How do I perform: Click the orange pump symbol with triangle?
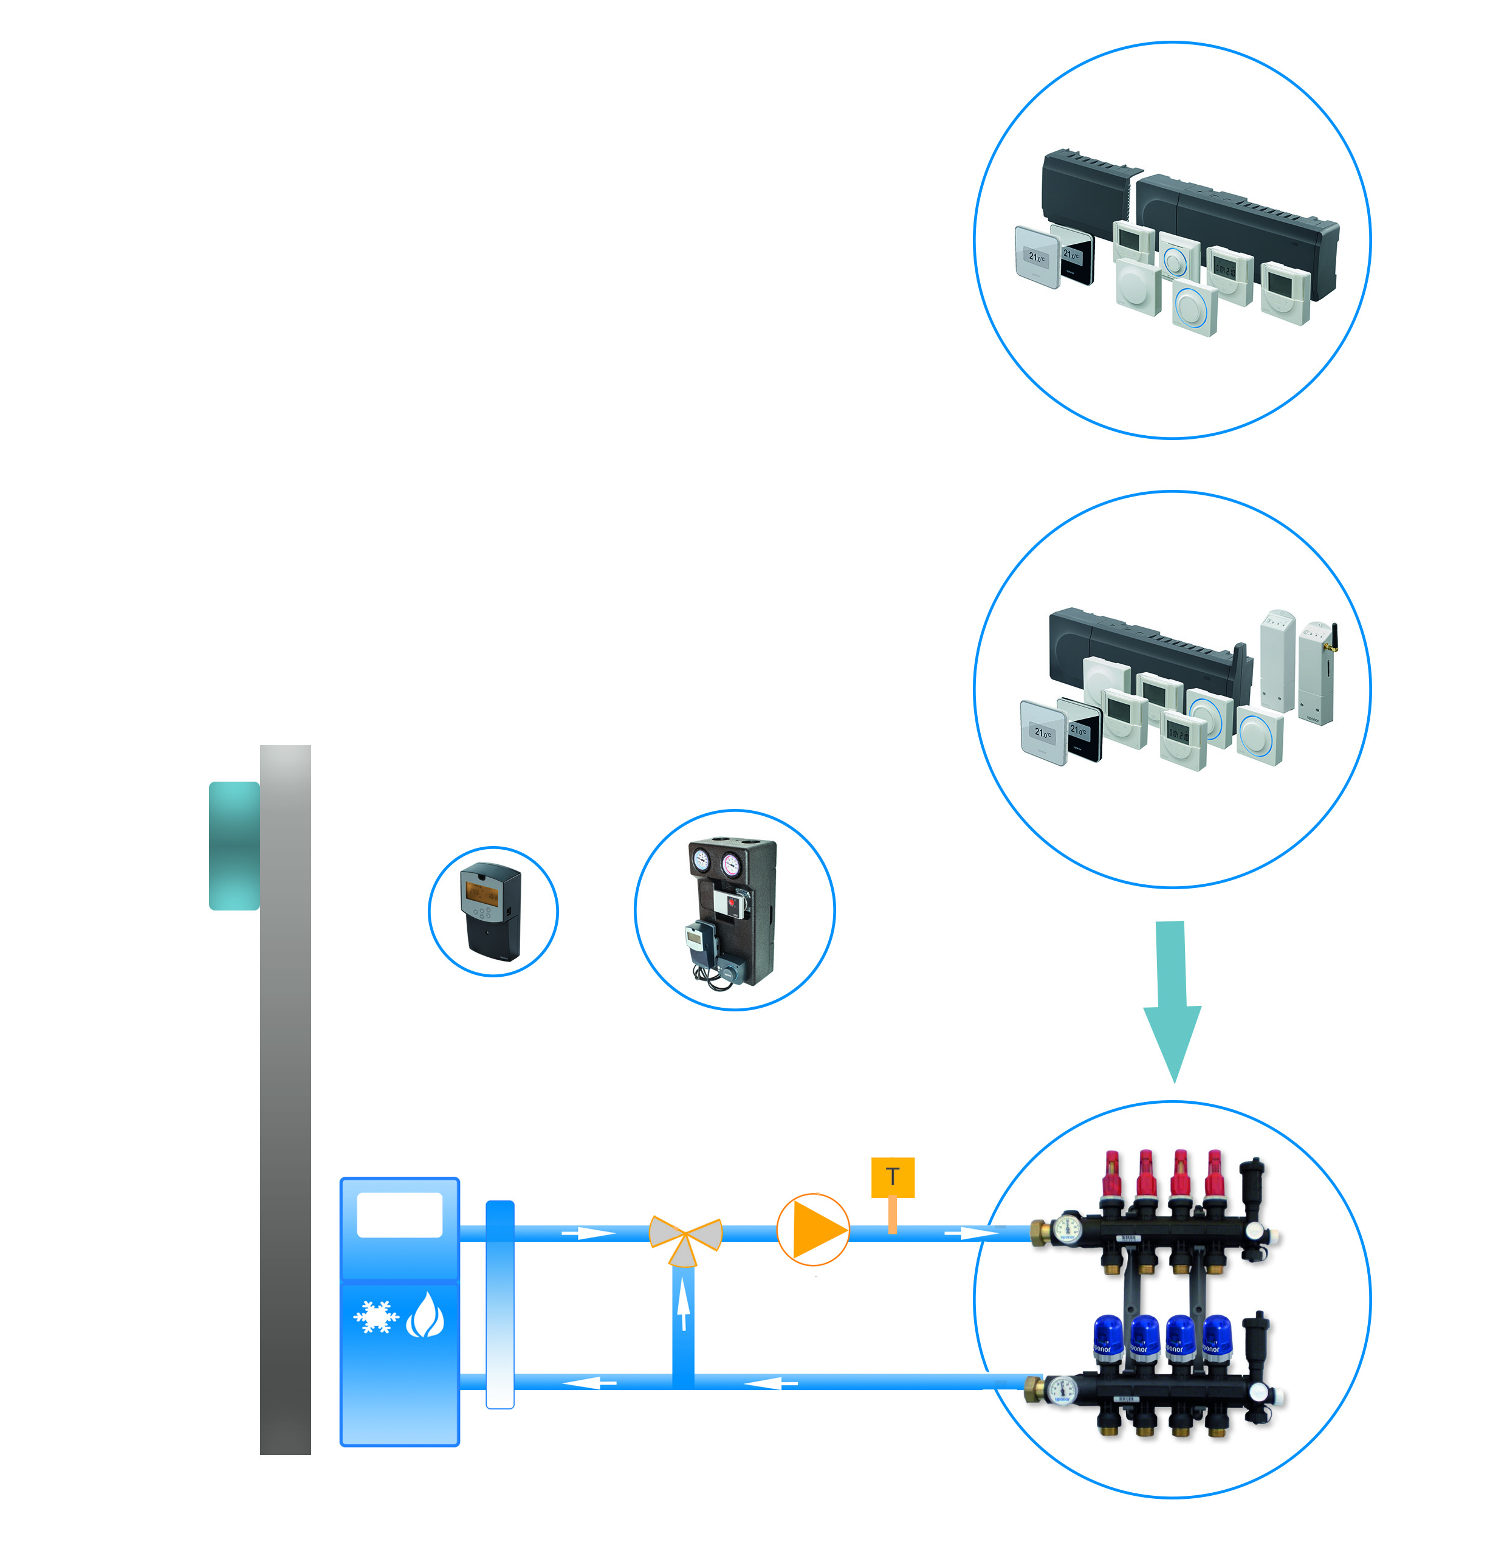pos(813,1230)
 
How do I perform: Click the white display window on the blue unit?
pos(400,1214)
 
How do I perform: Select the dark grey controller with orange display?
pos(491,911)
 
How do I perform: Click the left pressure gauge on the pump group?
pos(701,861)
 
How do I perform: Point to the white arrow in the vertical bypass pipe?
pos(683,1306)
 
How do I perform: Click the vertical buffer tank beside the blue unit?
pos(499,1304)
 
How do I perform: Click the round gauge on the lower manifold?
pos(1063,1388)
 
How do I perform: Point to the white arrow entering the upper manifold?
pos(973,1233)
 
